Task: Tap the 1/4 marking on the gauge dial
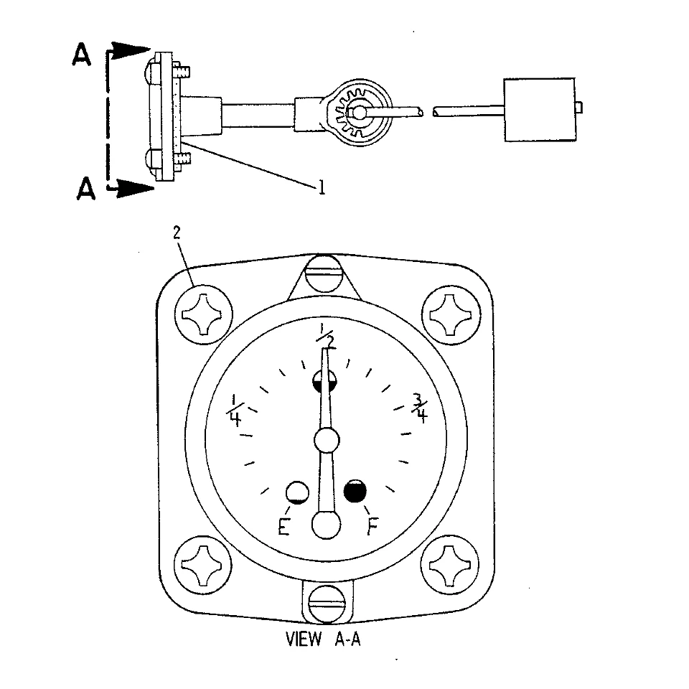(235, 411)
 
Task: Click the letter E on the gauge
(284, 526)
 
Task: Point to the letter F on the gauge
(372, 526)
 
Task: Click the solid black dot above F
(355, 491)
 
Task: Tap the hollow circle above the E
(297, 492)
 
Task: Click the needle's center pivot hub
(327, 439)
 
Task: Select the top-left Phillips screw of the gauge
(203, 314)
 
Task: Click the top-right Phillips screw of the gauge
(451, 314)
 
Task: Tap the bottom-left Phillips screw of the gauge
(202, 565)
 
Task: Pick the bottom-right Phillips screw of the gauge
(449, 565)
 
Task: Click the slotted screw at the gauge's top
(324, 273)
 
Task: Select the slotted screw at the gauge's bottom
(328, 604)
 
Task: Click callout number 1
(322, 187)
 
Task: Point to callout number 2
(177, 233)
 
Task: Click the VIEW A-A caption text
(323, 639)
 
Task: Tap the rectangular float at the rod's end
(540, 110)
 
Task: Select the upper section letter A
(81, 55)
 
